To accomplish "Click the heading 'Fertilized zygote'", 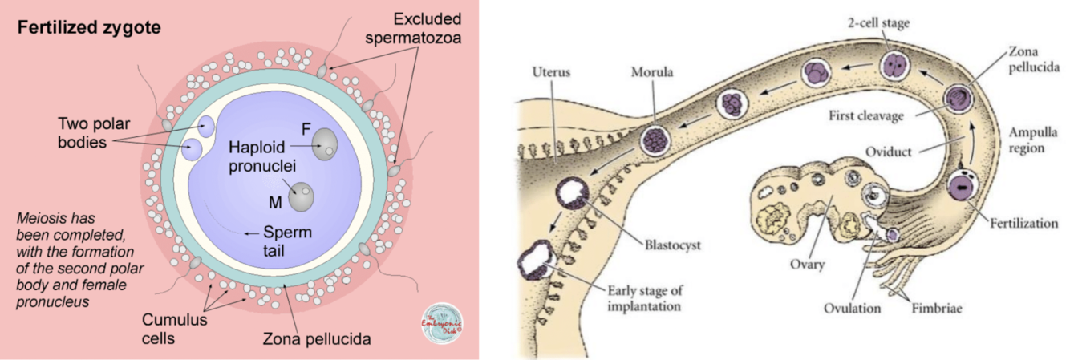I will [91, 28].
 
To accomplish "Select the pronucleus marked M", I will [302, 196].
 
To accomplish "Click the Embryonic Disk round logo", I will [443, 323].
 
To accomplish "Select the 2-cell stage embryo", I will [895, 65].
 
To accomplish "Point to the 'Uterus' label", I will [553, 72].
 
